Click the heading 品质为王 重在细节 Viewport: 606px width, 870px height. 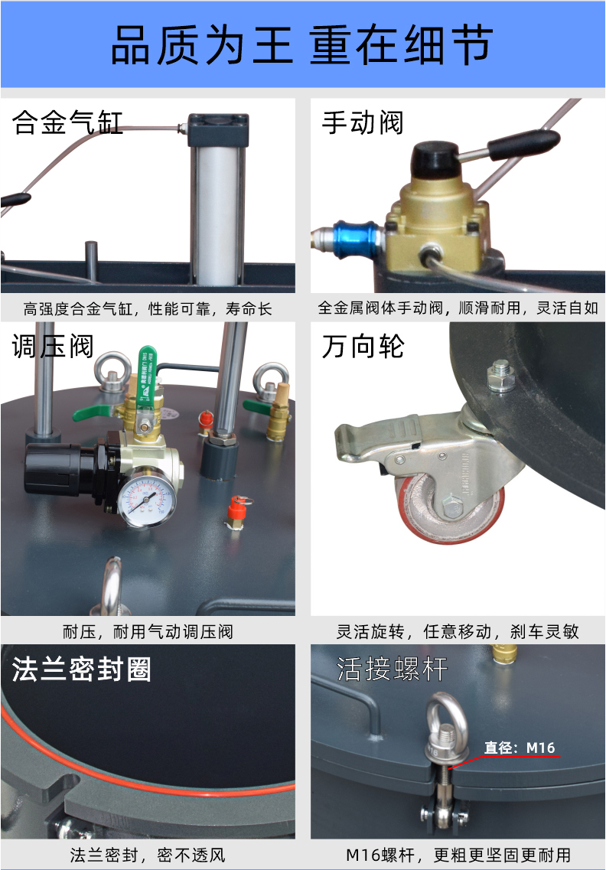[x=302, y=45]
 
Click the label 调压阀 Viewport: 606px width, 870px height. [x=53, y=346]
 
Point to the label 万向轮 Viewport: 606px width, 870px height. [x=363, y=346]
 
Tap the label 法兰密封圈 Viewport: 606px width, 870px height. [x=82, y=669]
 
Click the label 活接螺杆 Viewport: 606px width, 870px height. [x=392, y=669]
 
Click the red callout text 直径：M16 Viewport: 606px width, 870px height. [x=520, y=748]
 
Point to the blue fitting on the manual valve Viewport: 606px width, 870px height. [x=357, y=239]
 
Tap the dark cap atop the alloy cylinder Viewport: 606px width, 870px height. [x=218, y=130]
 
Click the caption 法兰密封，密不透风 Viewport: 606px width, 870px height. [x=148, y=855]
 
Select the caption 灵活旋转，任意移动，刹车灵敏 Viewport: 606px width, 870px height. [x=458, y=631]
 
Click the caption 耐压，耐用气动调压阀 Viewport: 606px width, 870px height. [x=148, y=631]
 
